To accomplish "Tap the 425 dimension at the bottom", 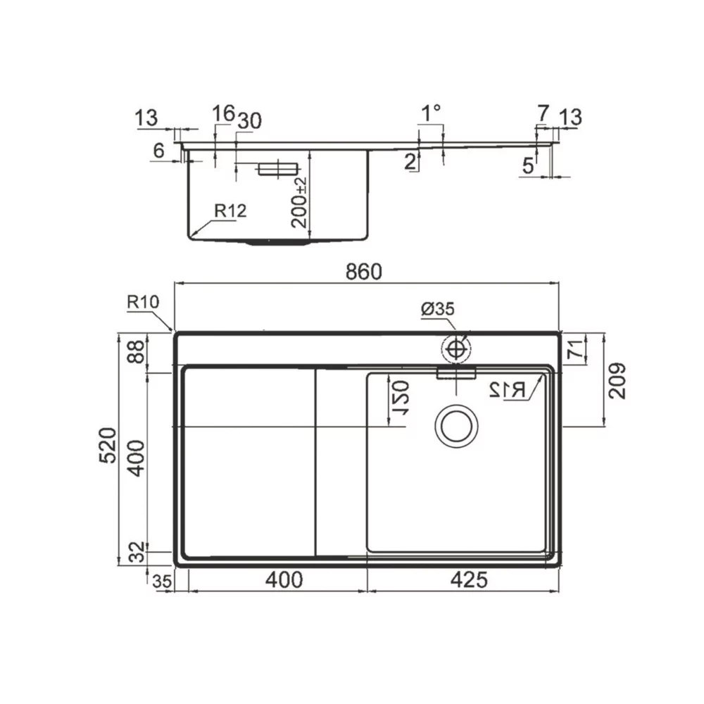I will (x=467, y=580).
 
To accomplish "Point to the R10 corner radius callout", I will (x=143, y=303).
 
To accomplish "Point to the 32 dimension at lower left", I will (x=138, y=551).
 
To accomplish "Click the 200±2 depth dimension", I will (x=299, y=202).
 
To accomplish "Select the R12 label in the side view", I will (x=230, y=210).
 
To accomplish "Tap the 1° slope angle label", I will (x=431, y=113).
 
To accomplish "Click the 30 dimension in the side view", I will (x=249, y=121).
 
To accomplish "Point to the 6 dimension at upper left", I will (x=158, y=149).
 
